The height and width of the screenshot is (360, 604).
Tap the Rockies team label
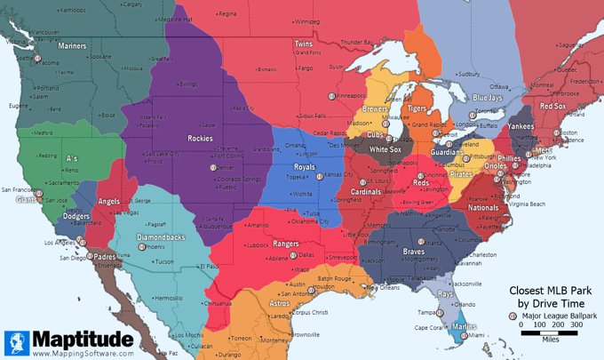200,138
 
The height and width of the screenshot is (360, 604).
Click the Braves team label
415,251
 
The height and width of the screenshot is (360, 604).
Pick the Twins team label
304,44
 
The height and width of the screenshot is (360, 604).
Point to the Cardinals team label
364,191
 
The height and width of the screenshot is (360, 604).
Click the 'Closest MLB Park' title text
550,291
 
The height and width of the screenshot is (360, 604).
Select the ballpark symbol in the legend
513,316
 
